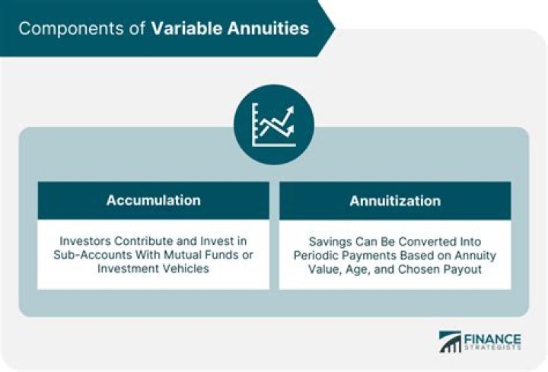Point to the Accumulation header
coord(153,201)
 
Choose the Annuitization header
coord(395,201)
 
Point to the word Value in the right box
coord(331,269)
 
